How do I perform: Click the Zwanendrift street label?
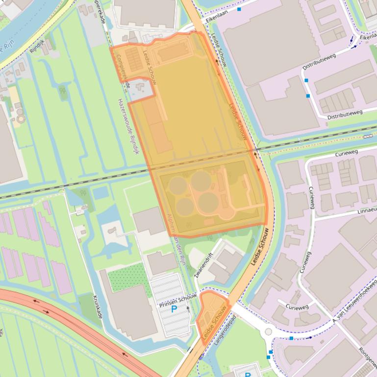tap(204, 265)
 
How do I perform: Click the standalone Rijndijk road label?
tap(37, 47)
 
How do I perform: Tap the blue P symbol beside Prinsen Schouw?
tap(174, 310)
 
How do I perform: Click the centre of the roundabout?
tap(268, 332)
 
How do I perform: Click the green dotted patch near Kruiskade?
tap(127, 279)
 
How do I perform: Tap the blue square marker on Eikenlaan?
tap(239, 9)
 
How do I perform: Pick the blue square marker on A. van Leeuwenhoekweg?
tap(291, 338)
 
